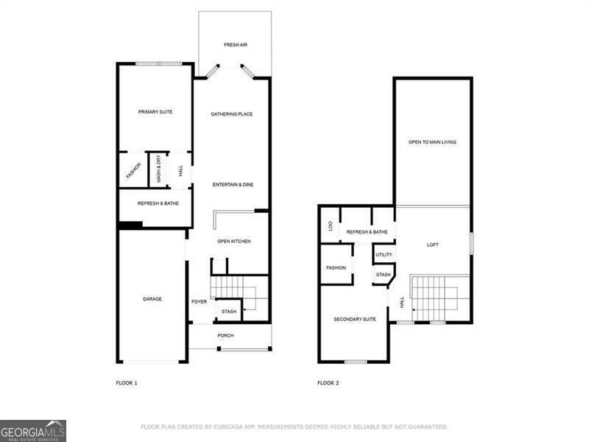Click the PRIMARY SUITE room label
click(x=155, y=112)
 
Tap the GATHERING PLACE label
click(x=232, y=114)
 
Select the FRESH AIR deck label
click(x=236, y=45)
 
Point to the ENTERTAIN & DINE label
click(x=233, y=184)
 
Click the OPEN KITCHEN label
click(x=233, y=242)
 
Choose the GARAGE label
click(x=152, y=299)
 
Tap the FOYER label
click(x=199, y=302)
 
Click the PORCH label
click(x=225, y=336)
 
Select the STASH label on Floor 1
click(x=229, y=312)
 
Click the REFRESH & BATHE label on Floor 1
click(x=158, y=203)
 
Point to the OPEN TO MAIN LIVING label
click(x=432, y=141)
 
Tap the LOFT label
click(x=432, y=245)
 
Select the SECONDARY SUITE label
click(x=355, y=319)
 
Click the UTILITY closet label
click(x=384, y=255)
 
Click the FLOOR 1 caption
click(x=127, y=383)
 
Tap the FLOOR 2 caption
click(x=328, y=383)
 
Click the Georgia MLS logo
click(x=33, y=430)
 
